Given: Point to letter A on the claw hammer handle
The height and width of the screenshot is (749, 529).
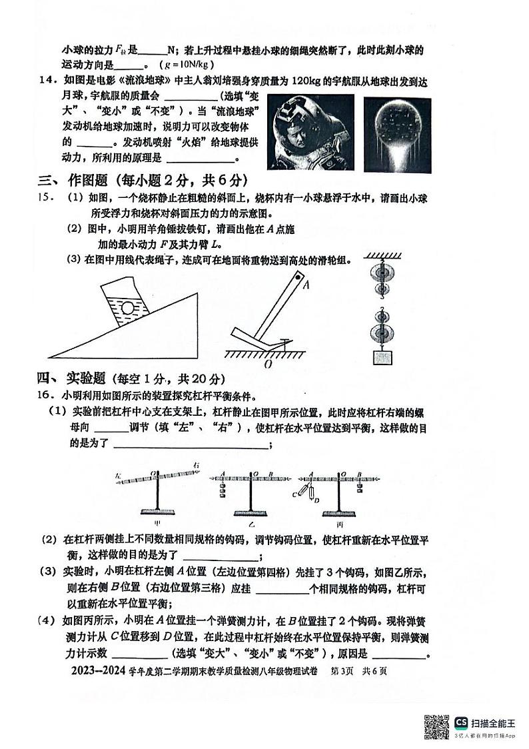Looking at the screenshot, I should point(307,285).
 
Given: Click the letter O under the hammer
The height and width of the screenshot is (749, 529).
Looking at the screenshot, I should point(266,364).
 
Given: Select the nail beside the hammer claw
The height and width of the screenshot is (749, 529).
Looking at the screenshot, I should point(284,343).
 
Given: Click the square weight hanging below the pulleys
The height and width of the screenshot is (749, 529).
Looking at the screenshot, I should point(382,357).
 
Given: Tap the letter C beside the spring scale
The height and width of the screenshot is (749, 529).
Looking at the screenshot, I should point(294,494).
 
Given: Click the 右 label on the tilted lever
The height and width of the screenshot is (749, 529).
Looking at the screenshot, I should point(196,465).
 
